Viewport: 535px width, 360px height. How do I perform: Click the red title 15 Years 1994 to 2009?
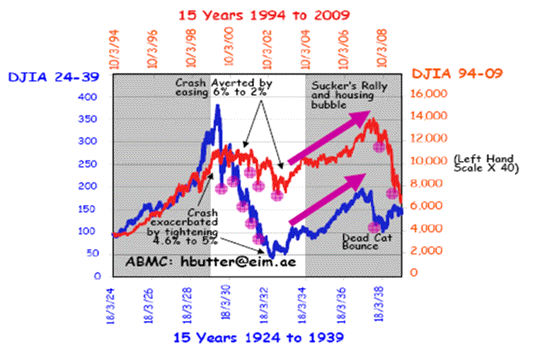point(265,14)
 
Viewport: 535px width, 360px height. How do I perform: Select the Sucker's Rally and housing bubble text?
point(338,94)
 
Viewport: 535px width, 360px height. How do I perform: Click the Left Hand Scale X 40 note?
point(487,163)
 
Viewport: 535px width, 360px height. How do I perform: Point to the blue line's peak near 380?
point(217,106)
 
